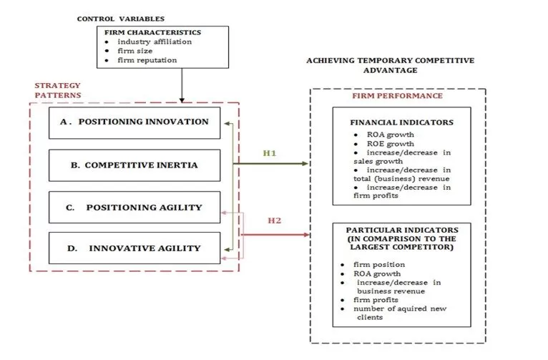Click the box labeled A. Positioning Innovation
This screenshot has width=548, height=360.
[x=134, y=122]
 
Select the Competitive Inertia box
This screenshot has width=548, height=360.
[x=134, y=165]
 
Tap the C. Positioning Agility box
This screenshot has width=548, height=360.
[x=134, y=208]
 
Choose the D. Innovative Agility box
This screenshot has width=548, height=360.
[x=134, y=249]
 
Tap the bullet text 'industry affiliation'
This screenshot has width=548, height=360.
[x=155, y=42]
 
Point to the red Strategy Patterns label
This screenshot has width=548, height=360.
[x=58, y=90]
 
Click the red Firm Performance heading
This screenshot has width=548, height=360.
[x=397, y=96]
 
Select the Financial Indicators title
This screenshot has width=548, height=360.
[x=401, y=122]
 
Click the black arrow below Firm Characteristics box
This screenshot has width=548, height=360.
[x=182, y=84]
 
